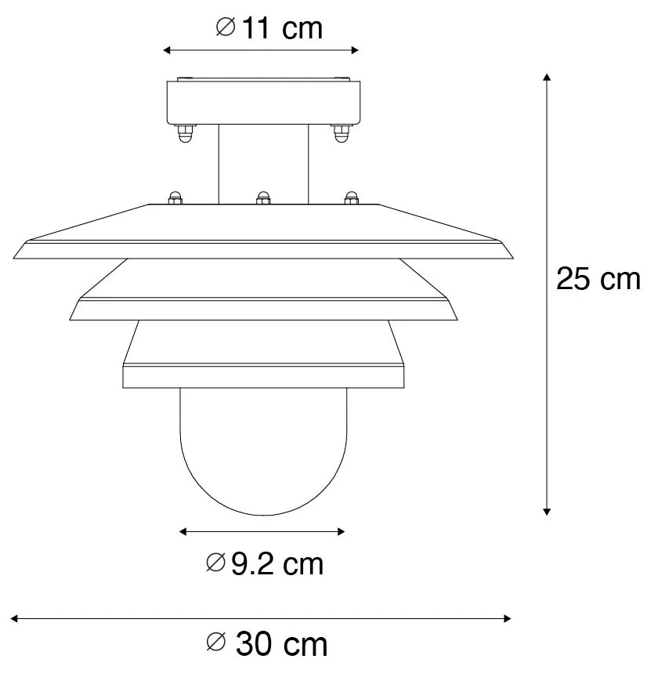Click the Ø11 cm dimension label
(268, 28)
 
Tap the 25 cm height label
(598, 279)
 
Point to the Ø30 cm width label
(266, 644)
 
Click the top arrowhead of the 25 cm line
(547, 77)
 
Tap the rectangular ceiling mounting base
(262, 102)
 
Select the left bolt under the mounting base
(185, 134)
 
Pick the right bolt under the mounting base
(341, 134)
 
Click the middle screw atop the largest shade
(263, 197)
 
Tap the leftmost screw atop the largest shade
(176, 197)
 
